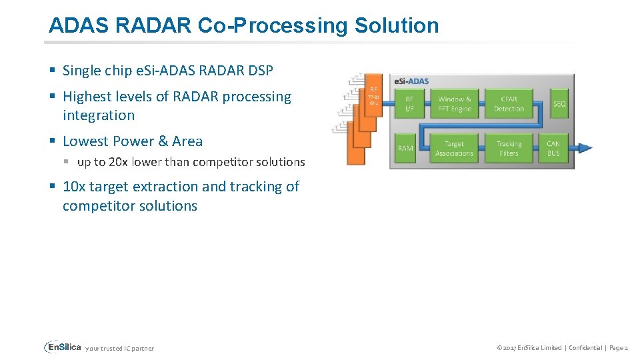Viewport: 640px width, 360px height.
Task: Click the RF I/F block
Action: coord(409,104)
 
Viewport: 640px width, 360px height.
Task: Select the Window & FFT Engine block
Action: coord(455,104)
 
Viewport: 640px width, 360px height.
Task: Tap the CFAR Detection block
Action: coord(509,104)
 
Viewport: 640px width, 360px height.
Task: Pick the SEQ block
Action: coord(559,104)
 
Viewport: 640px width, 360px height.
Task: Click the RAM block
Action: coord(405,148)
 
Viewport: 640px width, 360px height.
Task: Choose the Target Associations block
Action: coord(454,148)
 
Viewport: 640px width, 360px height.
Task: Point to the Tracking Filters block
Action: coord(509,148)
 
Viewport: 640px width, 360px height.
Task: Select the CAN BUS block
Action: coord(553,148)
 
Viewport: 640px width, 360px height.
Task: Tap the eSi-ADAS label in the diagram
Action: coord(411,81)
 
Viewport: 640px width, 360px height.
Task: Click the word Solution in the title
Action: coord(397,25)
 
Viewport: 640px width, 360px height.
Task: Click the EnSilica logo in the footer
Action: coord(63,347)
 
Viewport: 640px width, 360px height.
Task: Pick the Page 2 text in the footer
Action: coord(617,348)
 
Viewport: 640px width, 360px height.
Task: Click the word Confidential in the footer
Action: coord(584,348)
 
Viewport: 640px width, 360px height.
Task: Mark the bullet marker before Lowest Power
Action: coord(52,141)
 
